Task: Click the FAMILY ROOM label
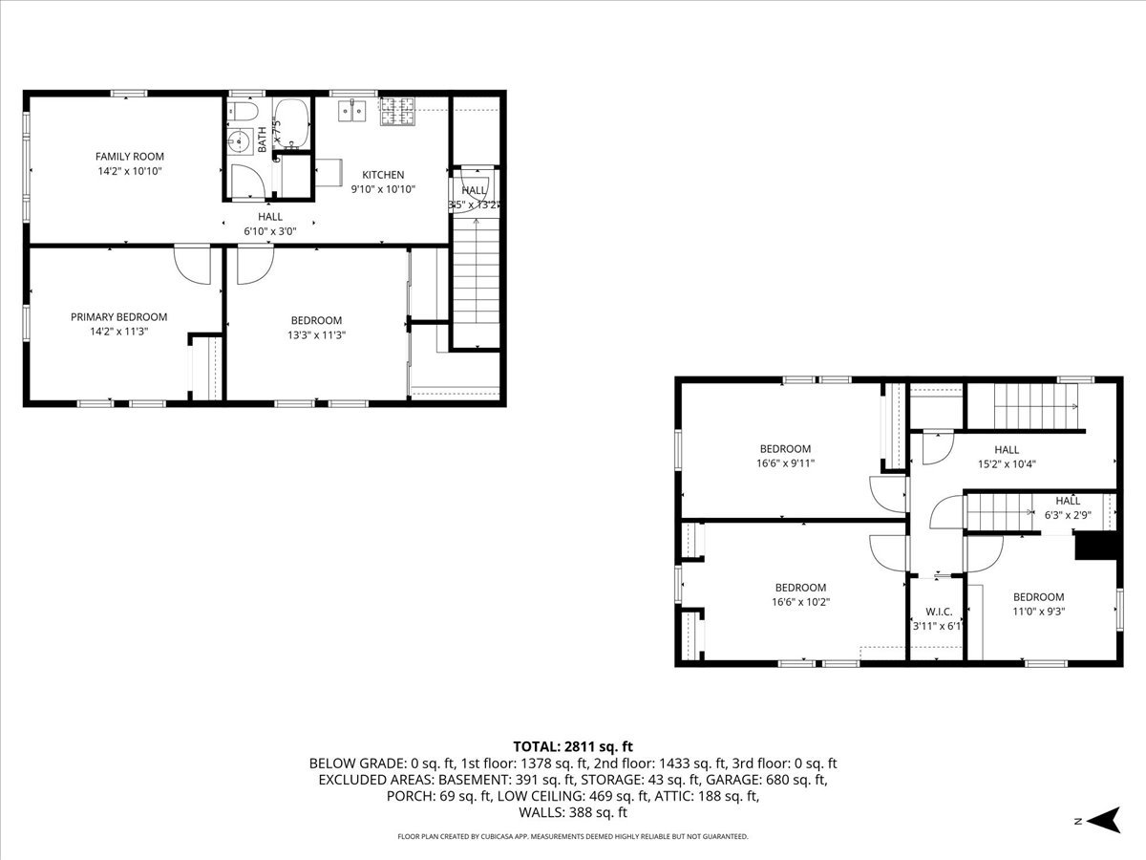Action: click(129, 156)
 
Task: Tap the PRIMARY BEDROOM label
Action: click(118, 316)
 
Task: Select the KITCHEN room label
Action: click(382, 175)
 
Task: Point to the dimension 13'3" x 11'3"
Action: click(316, 334)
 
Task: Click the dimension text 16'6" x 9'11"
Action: click(785, 462)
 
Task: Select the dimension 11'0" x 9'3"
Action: click(1038, 611)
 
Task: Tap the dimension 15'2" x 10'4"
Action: click(1007, 463)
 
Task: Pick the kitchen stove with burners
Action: click(399, 112)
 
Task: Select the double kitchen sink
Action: click(352, 111)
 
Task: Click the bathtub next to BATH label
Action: click(290, 123)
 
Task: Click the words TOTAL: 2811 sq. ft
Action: click(573, 746)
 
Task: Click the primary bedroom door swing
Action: click(193, 265)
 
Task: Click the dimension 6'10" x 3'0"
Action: click(270, 230)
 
